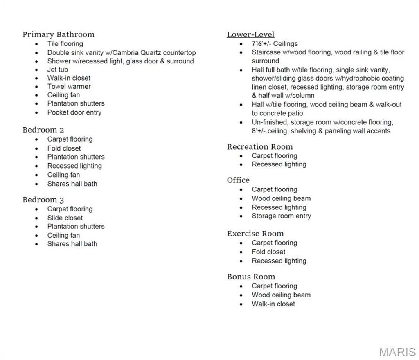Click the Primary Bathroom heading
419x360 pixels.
coord(59,34)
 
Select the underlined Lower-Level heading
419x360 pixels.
coord(250,34)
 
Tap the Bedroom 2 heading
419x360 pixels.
coord(43,130)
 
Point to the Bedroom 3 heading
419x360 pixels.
coord(43,200)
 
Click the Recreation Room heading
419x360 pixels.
coord(260,146)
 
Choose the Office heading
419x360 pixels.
coord(238,180)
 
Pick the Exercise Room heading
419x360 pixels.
coord(255,234)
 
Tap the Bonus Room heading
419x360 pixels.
coord(251,277)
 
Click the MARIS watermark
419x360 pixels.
coord(397,352)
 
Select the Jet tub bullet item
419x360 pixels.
coord(58,70)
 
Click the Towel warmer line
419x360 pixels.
coord(69,86)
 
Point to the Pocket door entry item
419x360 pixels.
coord(74,112)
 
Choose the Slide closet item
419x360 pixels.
coord(65,218)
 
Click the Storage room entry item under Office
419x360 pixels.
coord(281,216)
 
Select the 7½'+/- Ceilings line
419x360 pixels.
coord(275,43)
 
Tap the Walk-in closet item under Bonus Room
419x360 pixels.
coord(273,304)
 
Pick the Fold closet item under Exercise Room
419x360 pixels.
coord(268,252)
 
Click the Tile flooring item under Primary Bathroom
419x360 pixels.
coord(65,43)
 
